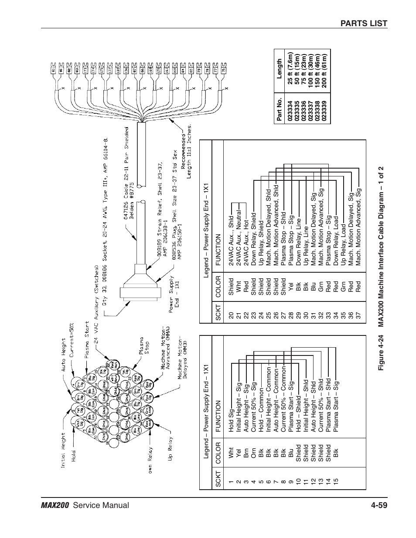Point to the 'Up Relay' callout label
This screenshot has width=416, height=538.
click(x=170, y=449)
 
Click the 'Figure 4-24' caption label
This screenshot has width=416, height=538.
click(x=381, y=358)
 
